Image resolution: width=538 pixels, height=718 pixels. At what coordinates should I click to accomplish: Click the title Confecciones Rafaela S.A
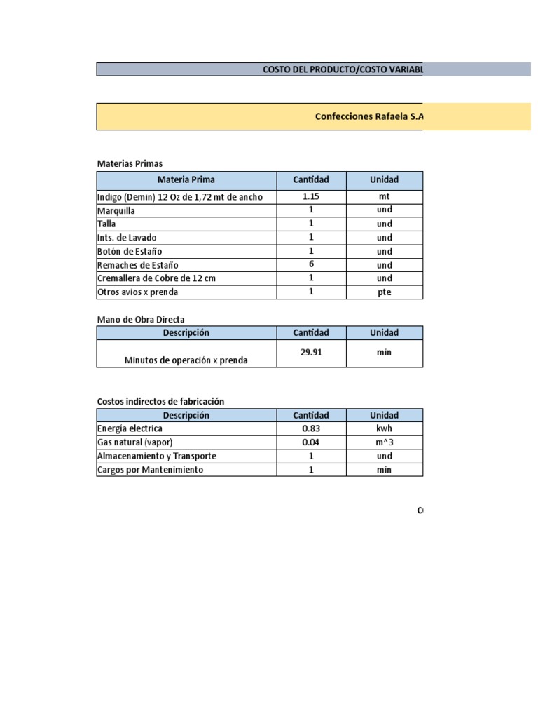pos(369,117)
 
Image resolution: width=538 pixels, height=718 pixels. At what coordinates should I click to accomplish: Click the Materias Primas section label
pos(130,163)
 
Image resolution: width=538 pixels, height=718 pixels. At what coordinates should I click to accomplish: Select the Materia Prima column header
pos(186,180)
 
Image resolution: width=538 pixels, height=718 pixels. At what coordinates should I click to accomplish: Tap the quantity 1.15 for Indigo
pos(311,196)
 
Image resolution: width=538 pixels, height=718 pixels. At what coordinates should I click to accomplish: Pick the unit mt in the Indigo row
pos(384,197)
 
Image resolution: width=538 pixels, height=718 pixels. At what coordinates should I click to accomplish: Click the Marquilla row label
pos(116,210)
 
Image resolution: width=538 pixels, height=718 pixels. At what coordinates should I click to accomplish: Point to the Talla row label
pos(106,224)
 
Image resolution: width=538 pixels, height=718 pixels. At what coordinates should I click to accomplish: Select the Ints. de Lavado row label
pos(127,238)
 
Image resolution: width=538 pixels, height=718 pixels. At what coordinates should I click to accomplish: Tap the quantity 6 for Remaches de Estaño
pos(311,264)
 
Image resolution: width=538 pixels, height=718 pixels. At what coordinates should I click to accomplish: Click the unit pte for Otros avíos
pos(384,292)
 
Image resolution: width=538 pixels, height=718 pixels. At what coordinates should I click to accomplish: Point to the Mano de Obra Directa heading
pos(140,319)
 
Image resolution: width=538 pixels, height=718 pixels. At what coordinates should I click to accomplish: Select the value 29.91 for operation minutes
pos(311,353)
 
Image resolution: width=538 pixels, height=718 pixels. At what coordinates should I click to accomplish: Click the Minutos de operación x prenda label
pos(186,360)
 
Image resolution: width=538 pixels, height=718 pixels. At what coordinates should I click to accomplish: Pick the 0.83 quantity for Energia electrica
pos(311,428)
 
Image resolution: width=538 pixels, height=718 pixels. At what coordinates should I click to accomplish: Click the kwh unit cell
pos(384,428)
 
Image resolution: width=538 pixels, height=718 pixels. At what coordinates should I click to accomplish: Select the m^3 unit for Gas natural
pos(384,442)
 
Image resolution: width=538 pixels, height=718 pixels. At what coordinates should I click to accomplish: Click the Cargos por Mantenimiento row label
pos(151,470)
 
